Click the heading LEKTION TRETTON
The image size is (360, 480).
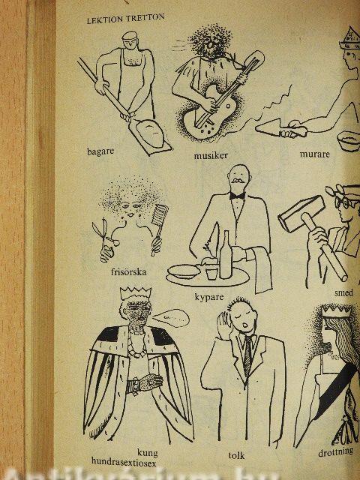tap(126, 19)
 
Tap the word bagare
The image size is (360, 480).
tap(100, 151)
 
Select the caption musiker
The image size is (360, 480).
tap(211, 155)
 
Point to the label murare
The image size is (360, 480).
tap(315, 154)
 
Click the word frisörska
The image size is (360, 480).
tap(128, 271)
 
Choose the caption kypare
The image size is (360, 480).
tap(209, 297)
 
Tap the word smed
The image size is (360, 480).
tap(343, 293)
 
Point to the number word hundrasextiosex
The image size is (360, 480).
tap(124, 461)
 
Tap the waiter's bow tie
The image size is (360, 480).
tap(237, 196)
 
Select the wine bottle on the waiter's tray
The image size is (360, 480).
tap(226, 255)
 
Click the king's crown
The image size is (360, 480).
tap(136, 293)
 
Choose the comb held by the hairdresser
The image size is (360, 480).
tap(159, 226)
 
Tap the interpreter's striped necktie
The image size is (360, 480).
tap(247, 355)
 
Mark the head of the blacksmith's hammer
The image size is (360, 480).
tap(301, 214)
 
